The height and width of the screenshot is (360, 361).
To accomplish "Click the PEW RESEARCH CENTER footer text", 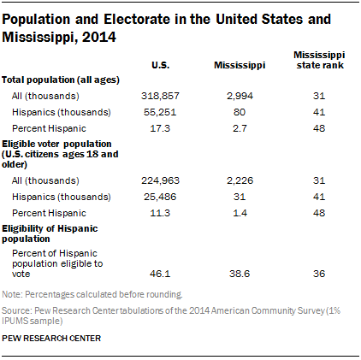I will pyautogui.click(x=50, y=338).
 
